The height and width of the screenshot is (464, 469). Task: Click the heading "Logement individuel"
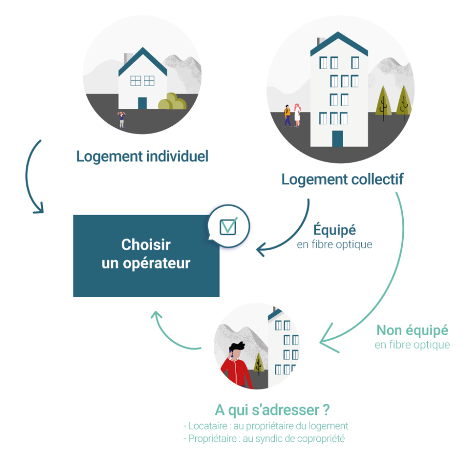pos(142,156)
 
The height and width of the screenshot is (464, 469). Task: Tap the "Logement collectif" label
pos(342,180)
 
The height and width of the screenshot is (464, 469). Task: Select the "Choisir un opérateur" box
pos(145,255)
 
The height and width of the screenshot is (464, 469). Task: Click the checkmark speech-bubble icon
pos(228,227)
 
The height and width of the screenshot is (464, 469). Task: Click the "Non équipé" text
pos(412,330)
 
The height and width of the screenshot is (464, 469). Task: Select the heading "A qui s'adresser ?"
pos(272,410)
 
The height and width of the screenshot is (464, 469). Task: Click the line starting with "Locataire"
pos(266,426)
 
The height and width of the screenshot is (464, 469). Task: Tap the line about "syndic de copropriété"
pos(264,439)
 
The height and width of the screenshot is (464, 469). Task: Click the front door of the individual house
pos(142,102)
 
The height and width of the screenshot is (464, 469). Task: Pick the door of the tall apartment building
pos(338,138)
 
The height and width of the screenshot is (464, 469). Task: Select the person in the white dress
pos(297,115)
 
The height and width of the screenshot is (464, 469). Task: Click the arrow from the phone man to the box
pos(171,334)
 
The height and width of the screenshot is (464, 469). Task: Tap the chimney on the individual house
pos(127,56)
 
